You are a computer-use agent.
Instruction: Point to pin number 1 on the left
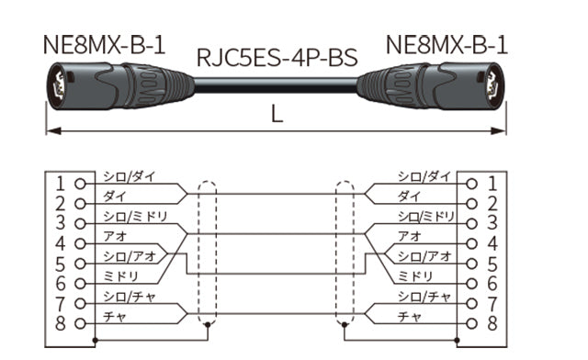click(x=60, y=183)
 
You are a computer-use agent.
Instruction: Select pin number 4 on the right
click(x=492, y=243)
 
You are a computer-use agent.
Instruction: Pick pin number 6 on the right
click(x=492, y=283)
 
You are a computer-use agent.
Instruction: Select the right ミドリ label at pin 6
click(x=418, y=276)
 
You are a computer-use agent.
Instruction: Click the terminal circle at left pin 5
click(x=81, y=264)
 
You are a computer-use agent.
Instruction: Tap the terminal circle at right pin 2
click(x=471, y=203)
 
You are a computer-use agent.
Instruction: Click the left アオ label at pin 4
click(x=113, y=236)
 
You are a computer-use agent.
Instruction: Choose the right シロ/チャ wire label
click(x=424, y=296)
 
